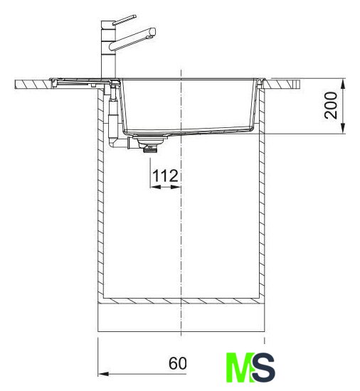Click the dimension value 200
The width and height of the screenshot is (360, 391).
(x=331, y=105)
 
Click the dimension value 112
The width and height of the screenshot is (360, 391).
(x=165, y=176)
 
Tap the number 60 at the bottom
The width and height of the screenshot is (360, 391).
(x=177, y=363)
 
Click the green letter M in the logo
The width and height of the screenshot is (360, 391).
(x=240, y=368)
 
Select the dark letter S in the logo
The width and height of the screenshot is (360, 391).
(x=263, y=368)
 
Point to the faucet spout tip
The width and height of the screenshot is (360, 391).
(x=152, y=33)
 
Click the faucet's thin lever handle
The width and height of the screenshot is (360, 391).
(x=125, y=20)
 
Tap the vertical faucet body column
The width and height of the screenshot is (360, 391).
(x=108, y=50)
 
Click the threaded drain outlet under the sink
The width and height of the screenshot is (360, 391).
(x=149, y=149)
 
